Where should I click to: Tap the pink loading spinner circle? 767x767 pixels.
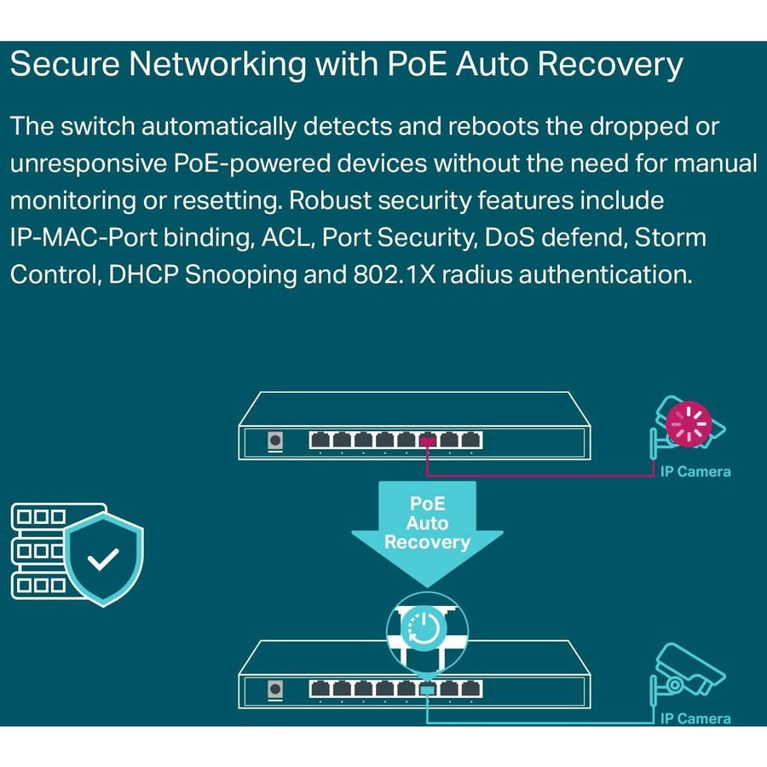point(689,424)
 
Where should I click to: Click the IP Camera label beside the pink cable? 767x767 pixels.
point(695,471)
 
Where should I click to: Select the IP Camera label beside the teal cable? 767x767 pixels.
point(695,718)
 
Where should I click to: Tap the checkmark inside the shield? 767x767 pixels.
point(105,560)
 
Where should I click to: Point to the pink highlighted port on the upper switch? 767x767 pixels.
point(427,441)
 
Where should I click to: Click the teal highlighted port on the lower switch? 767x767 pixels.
point(427,688)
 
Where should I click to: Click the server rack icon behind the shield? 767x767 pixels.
point(38,550)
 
